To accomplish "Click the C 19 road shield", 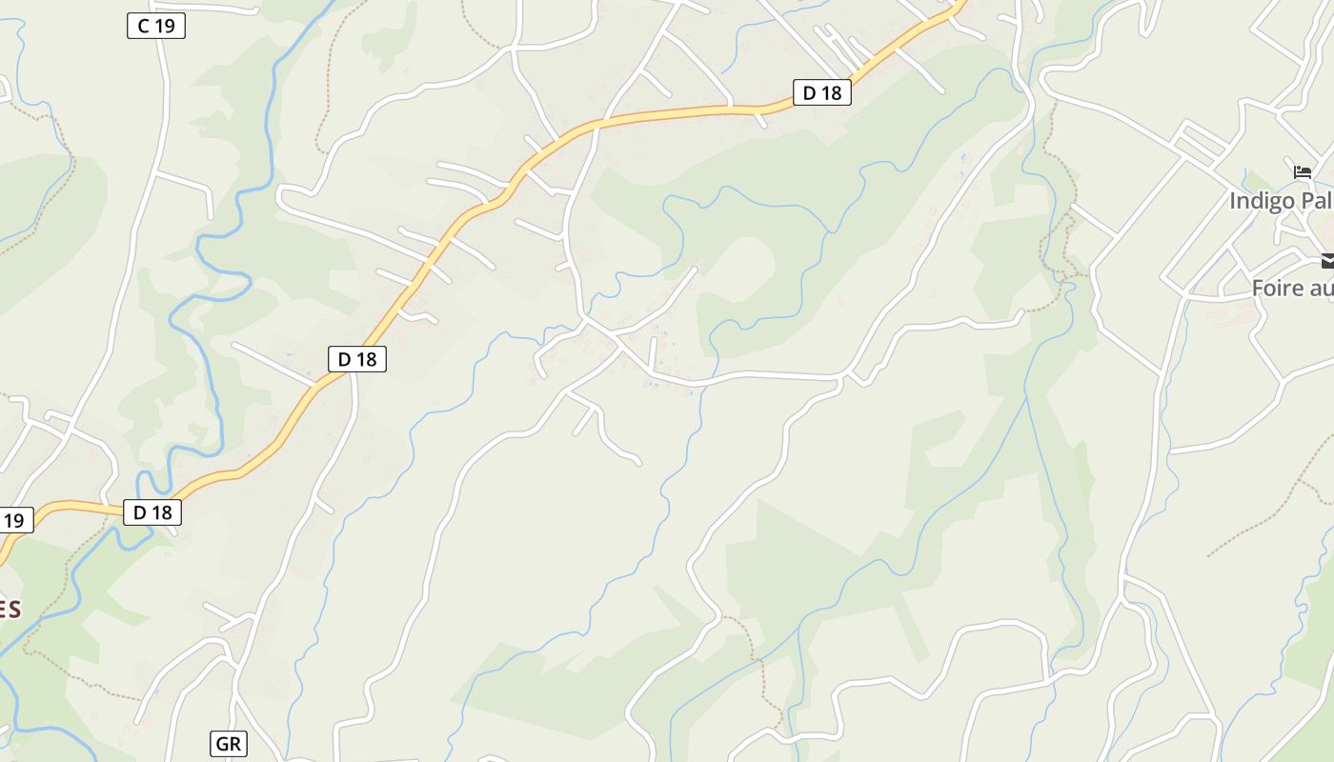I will click(155, 26).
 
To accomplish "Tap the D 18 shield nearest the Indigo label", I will click(821, 92).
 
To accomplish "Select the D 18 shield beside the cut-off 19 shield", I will click(152, 512).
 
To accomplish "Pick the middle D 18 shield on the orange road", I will click(356, 359).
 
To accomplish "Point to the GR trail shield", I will click(228, 744).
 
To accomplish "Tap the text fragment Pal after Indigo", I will click(1315, 201).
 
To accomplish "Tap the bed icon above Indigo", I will click(1303, 172).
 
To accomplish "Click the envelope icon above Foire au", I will click(1327, 260).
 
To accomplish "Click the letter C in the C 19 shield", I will click(144, 26).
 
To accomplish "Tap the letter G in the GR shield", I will click(222, 744).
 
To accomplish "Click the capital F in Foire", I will click(1258, 288).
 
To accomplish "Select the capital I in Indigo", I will click(1232, 201).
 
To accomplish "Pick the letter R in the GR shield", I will click(235, 744).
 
